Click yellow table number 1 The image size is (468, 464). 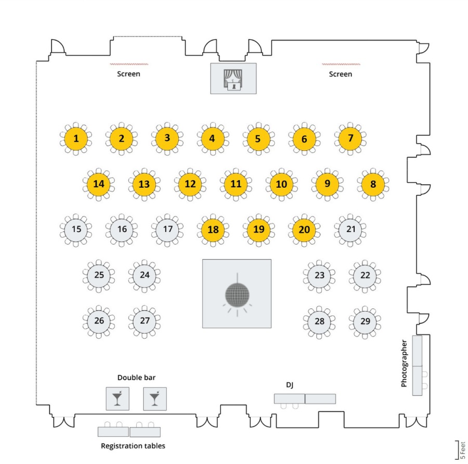pyautogui.click(x=76, y=138)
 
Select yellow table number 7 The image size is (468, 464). pyautogui.click(x=350, y=138)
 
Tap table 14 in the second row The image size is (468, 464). pyautogui.click(x=99, y=184)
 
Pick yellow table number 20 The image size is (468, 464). pyautogui.click(x=304, y=229)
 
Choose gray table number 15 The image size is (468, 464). pyautogui.click(x=76, y=229)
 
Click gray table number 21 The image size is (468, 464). pyautogui.click(x=350, y=229)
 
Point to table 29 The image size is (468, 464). pyautogui.click(x=365, y=321)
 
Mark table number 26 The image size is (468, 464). pyautogui.click(x=99, y=321)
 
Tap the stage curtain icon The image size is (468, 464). pyautogui.click(x=233, y=79)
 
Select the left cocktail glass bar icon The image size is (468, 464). pyautogui.click(x=118, y=398)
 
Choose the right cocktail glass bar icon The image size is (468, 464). pyautogui.click(x=155, y=398)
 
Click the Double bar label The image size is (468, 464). pyautogui.click(x=136, y=378)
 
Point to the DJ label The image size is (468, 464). pyautogui.click(x=290, y=385)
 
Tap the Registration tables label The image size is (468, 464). pyautogui.click(x=133, y=446)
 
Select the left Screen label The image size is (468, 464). pyautogui.click(x=128, y=74)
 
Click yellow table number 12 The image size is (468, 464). pyautogui.click(x=190, y=184)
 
